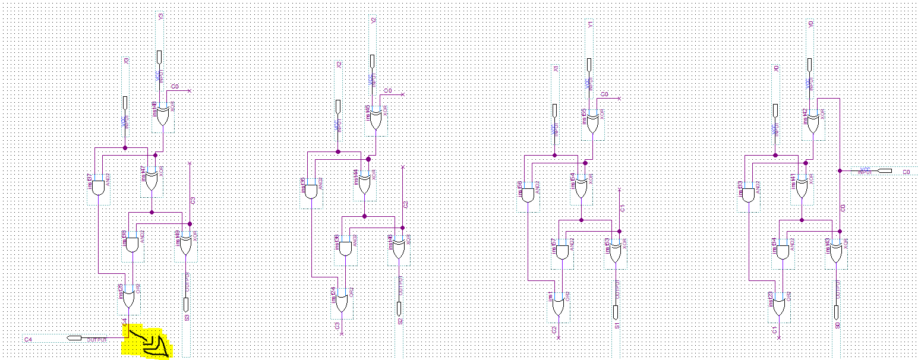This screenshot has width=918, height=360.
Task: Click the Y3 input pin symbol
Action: pyautogui.click(x=159, y=56)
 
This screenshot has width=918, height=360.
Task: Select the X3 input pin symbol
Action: pyautogui.click(x=125, y=102)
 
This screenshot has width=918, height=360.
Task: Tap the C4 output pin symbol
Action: pyautogui.click(x=74, y=337)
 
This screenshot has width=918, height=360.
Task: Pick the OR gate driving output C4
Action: pyautogui.click(x=128, y=297)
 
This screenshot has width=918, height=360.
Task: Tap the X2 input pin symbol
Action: pyautogui.click(x=338, y=106)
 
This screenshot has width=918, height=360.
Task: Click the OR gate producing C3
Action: pyautogui.click(x=342, y=304)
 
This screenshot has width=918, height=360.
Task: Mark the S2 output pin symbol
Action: pyautogui.click(x=400, y=308)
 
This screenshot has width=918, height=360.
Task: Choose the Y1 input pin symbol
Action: pyautogui.click(x=589, y=64)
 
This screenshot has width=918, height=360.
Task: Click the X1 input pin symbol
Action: pyautogui.click(x=555, y=110)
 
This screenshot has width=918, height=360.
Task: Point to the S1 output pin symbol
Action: pyautogui.click(x=616, y=311)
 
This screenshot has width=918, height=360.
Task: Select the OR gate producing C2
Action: pyautogui.click(x=558, y=306)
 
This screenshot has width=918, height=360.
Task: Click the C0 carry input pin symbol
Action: pyautogui.click(x=885, y=171)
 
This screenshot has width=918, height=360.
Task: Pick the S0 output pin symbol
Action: pyautogui.click(x=837, y=311)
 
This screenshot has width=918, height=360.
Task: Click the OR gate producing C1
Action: pyautogui.click(x=779, y=307)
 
